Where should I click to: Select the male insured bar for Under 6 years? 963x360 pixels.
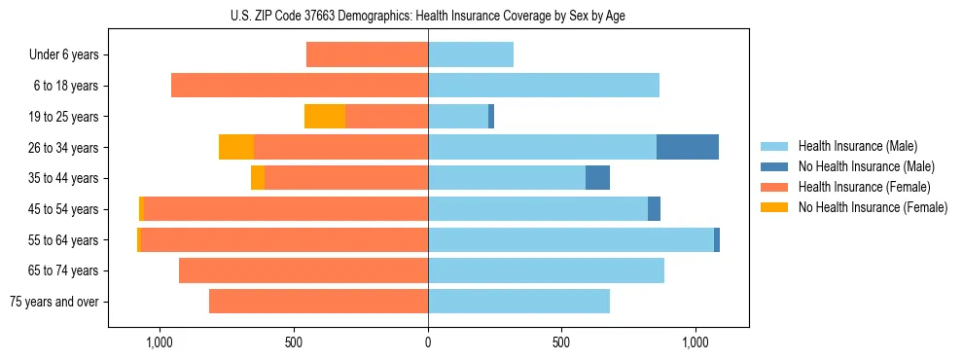pyautogui.click(x=471, y=54)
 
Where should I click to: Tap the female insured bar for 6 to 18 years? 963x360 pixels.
pyautogui.click(x=300, y=86)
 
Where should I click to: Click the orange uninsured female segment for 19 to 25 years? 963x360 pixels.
pyautogui.click(x=325, y=117)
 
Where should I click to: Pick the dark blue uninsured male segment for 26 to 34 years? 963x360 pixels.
pyautogui.click(x=688, y=147)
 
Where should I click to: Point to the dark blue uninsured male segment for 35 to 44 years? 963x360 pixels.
pyautogui.click(x=597, y=178)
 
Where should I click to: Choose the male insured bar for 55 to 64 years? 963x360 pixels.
pyautogui.click(x=571, y=239)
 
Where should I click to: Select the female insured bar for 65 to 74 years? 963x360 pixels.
pyautogui.click(x=303, y=270)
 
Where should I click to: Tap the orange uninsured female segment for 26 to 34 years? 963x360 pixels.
pyautogui.click(x=236, y=147)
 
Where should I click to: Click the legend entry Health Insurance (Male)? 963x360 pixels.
pyautogui.click(x=857, y=146)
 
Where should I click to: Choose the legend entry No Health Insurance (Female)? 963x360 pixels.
pyautogui.click(x=873, y=207)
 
